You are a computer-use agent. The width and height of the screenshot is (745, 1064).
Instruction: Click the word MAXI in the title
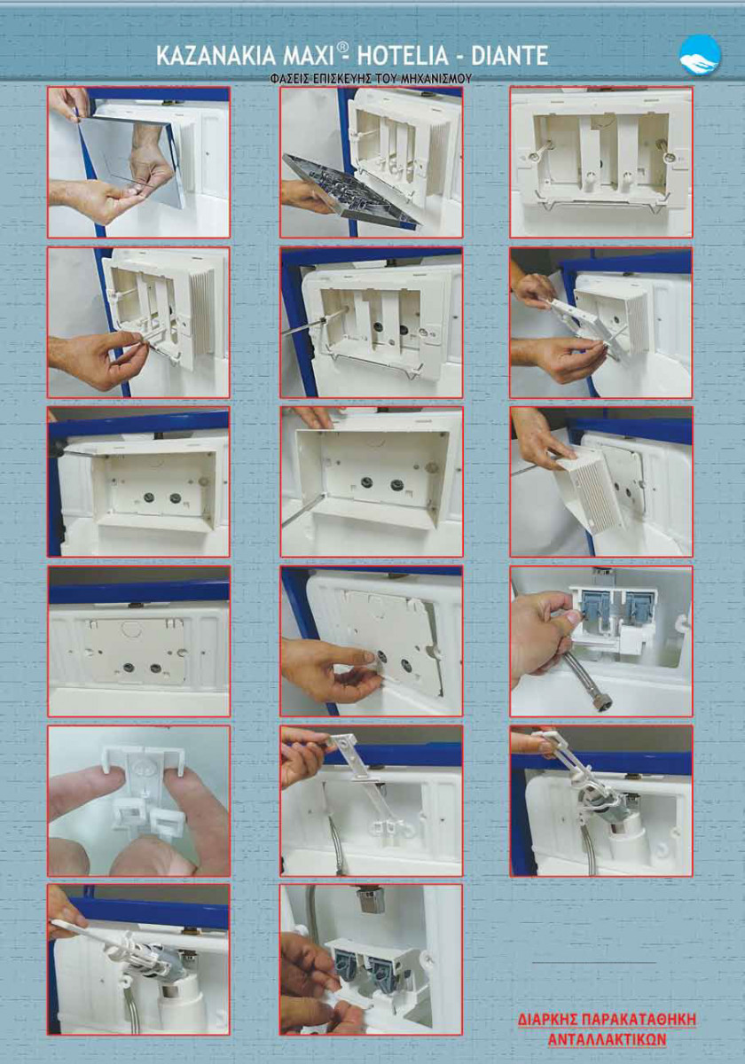pos(308,56)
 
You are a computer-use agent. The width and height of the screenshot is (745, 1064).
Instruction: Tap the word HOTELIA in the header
pos(403,56)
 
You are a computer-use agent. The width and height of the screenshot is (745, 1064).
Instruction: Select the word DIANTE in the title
pos(509,56)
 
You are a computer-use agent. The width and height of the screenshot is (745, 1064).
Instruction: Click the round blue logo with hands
pos(700,55)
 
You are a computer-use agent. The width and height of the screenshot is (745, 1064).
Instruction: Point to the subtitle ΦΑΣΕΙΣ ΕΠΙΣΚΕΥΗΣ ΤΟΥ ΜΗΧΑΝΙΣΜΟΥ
pos(371,79)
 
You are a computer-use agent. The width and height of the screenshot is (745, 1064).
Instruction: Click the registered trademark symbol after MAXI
pos(341,48)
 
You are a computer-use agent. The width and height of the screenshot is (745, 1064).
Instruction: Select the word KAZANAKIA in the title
pos(217,56)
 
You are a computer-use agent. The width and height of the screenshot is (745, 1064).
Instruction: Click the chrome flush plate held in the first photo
pos(133,159)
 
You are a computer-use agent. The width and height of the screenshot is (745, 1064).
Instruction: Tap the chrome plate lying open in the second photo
pos(349,190)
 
